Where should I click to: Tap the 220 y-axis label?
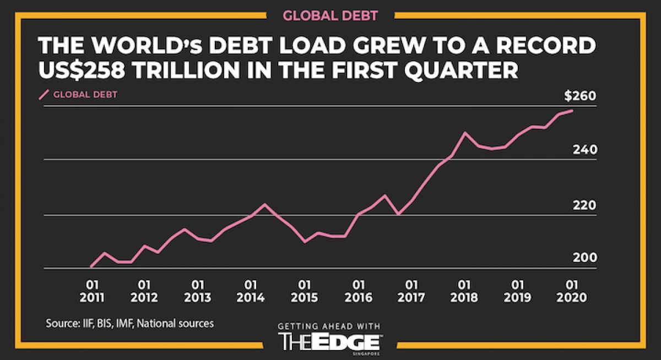coord(584,205)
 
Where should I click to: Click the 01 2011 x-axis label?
coord(92,291)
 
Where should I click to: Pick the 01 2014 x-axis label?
coord(250,291)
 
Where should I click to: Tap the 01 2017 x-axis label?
coord(410,291)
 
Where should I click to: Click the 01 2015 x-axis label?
coord(302,291)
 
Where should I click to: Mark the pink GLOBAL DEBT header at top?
coord(330,15)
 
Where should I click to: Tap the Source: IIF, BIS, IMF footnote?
coord(129,323)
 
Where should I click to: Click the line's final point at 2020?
coord(573,111)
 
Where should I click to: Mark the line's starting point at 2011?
coord(91,266)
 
